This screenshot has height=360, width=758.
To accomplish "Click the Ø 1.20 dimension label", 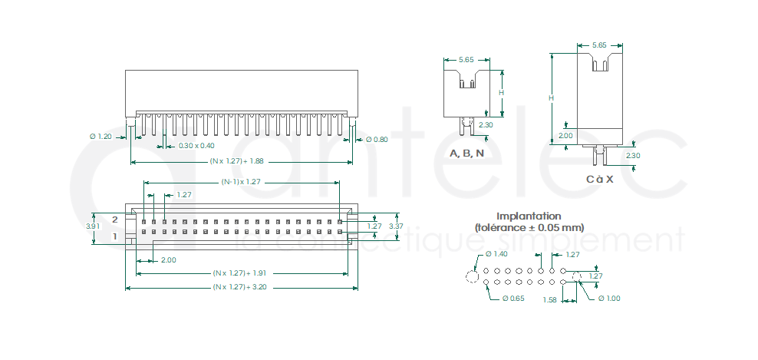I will [x=101, y=136].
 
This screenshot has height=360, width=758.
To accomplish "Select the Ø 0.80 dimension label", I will [x=376, y=140].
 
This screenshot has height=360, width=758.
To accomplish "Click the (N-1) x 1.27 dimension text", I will [x=241, y=182].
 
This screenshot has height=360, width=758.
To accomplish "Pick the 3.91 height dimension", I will [x=92, y=226].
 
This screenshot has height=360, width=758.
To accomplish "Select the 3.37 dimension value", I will [x=396, y=226].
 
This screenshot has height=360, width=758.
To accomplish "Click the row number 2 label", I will [x=115, y=220].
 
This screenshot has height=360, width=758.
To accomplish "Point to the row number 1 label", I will [x=115, y=236].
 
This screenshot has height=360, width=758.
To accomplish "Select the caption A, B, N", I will [x=466, y=154].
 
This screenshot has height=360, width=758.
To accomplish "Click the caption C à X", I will [x=600, y=179].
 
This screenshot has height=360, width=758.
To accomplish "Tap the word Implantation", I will [x=529, y=216].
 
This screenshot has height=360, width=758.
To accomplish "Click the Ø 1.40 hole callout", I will [x=496, y=254].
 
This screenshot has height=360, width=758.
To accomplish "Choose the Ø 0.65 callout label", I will [x=513, y=298].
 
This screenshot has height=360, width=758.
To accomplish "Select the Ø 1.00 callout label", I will [x=608, y=298].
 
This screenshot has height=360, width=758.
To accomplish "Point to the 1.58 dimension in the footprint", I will [x=550, y=300].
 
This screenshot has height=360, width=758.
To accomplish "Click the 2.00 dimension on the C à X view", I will [x=565, y=135].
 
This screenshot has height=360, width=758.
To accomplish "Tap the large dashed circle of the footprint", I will [x=472, y=276].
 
